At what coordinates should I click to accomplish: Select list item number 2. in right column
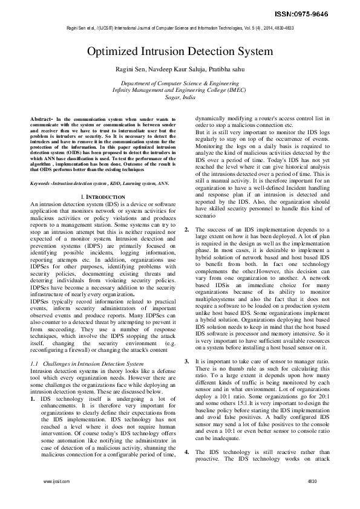(x=187, y=229)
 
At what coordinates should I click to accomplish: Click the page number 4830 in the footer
(x=312, y=498)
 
